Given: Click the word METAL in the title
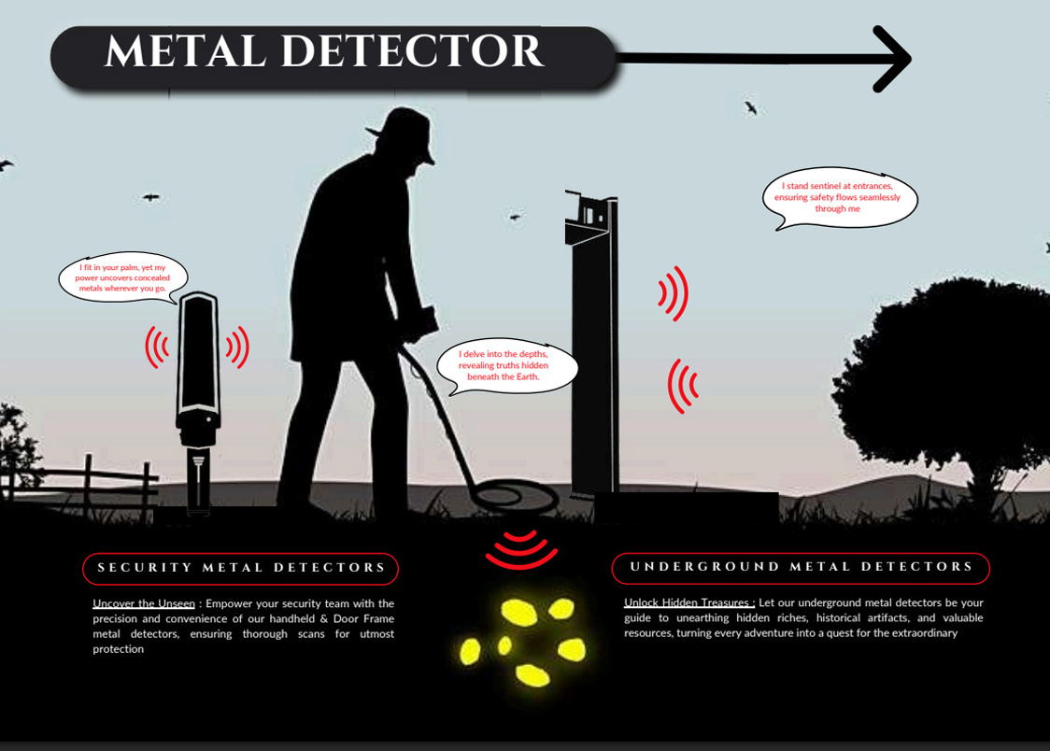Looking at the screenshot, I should (186, 52).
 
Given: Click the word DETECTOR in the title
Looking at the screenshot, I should (412, 52).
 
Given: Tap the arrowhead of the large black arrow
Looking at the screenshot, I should (892, 59).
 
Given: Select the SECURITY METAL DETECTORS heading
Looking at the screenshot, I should (241, 568).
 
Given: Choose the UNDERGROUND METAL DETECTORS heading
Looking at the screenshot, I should (801, 567).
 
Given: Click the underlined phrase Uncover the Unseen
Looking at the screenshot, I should (144, 604).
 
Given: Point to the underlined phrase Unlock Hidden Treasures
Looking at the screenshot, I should (688, 603).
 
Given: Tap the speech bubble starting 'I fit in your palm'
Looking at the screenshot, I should (123, 278).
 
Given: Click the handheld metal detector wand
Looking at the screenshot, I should (198, 392).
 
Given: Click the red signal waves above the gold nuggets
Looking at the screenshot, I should (520, 549).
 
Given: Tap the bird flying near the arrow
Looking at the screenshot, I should (750, 108).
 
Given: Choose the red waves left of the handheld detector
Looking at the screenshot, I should (156, 347).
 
